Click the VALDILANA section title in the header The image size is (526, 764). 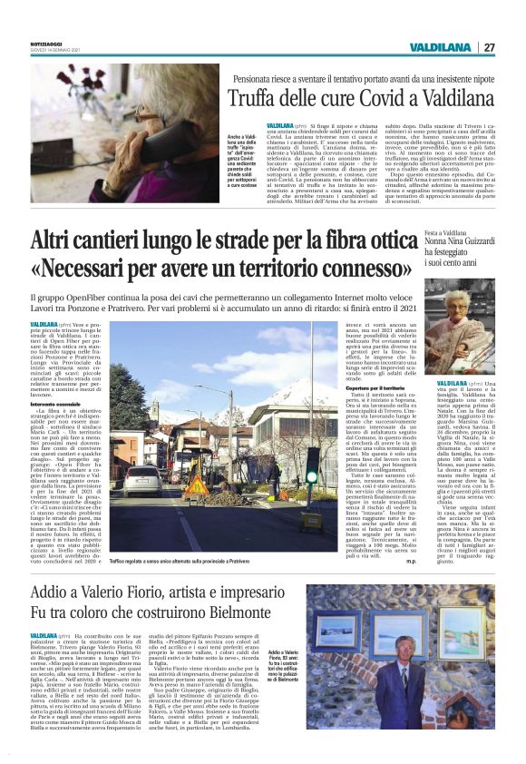(x=439, y=47)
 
